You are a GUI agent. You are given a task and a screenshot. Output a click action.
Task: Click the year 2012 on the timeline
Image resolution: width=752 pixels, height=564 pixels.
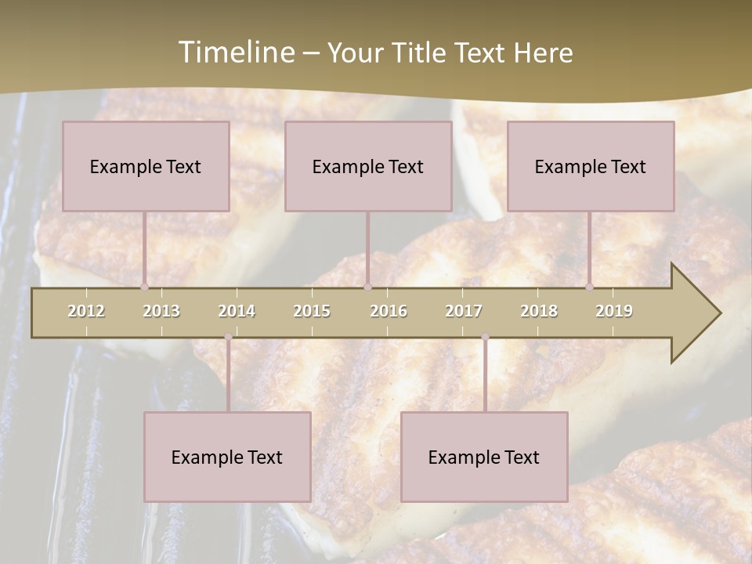86,311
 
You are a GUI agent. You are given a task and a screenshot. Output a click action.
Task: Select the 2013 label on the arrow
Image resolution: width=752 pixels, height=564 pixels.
161,311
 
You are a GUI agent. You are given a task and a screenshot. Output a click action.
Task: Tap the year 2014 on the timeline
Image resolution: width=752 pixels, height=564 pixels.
237,311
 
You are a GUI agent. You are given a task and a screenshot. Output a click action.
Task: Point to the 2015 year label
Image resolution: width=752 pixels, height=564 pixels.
312,311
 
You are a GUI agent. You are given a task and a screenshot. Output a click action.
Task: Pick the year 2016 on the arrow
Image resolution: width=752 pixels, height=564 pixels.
389,311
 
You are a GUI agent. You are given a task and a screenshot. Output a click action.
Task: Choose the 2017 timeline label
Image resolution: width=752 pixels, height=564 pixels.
464,311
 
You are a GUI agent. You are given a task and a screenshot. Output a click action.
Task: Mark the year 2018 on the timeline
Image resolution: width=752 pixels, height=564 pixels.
539,311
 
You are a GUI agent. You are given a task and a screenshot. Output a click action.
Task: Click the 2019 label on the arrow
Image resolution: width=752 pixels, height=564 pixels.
614,311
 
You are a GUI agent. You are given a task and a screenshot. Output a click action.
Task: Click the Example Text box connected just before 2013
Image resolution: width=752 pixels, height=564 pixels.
146,166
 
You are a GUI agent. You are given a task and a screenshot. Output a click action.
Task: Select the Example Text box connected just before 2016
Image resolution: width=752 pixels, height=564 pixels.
368,166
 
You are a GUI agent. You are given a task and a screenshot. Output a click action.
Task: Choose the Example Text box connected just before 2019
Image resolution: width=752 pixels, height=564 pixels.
591,166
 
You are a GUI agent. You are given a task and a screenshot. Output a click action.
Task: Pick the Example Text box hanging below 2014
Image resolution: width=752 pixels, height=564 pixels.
227,457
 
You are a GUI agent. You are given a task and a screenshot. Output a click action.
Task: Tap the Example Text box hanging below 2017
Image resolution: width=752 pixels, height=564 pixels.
484,457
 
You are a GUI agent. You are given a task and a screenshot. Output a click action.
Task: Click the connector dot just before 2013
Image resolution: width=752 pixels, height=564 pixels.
144,287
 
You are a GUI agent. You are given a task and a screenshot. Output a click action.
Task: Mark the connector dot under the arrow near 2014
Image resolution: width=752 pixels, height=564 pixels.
228,337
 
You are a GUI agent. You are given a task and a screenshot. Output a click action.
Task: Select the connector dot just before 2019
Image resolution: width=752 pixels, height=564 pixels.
589,287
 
